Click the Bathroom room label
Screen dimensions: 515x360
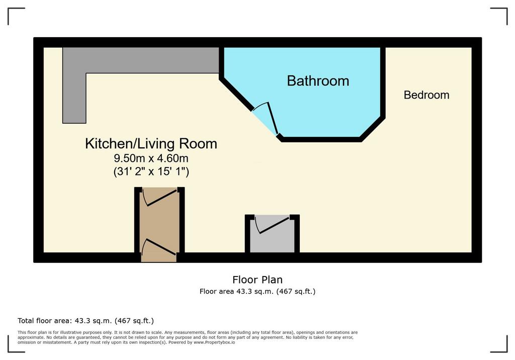point(318,81)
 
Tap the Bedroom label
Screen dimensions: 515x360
point(426,95)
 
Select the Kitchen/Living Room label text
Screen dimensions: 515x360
point(151,144)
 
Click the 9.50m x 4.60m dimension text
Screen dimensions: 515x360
point(151,158)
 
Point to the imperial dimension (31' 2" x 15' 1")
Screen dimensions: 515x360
point(151,171)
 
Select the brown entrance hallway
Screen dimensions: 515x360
point(159,225)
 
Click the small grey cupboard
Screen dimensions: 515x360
point(272,234)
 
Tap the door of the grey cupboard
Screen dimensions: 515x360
point(273,225)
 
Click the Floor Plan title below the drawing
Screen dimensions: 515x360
point(257,280)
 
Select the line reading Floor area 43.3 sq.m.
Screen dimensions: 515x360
point(257,291)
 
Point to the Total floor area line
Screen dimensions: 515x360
point(85,321)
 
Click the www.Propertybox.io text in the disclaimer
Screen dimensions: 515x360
point(214,342)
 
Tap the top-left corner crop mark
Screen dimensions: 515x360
point(8,8)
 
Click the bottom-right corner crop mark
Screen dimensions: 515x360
point(507,352)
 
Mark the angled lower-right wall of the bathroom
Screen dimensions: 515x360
point(373,129)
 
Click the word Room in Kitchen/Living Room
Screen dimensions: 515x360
point(198,144)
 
